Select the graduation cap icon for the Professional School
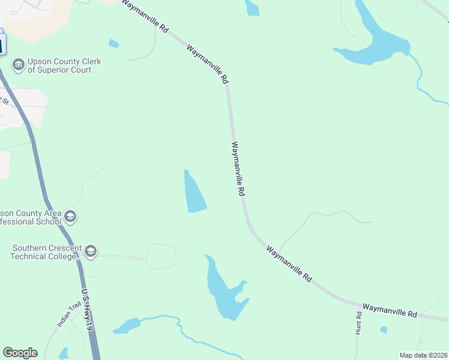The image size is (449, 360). [x=70, y=217]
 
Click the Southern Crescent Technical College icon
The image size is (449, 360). [x=91, y=251]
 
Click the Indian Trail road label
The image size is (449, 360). [x=68, y=314]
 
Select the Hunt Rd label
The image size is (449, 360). [x=358, y=323]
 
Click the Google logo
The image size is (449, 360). [x=20, y=353]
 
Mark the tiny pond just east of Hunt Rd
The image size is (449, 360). [x=384, y=329]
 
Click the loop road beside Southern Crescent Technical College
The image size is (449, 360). [x=161, y=256]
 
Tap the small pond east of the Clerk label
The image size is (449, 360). [x=113, y=43]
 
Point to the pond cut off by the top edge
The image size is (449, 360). [x=252, y=8]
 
